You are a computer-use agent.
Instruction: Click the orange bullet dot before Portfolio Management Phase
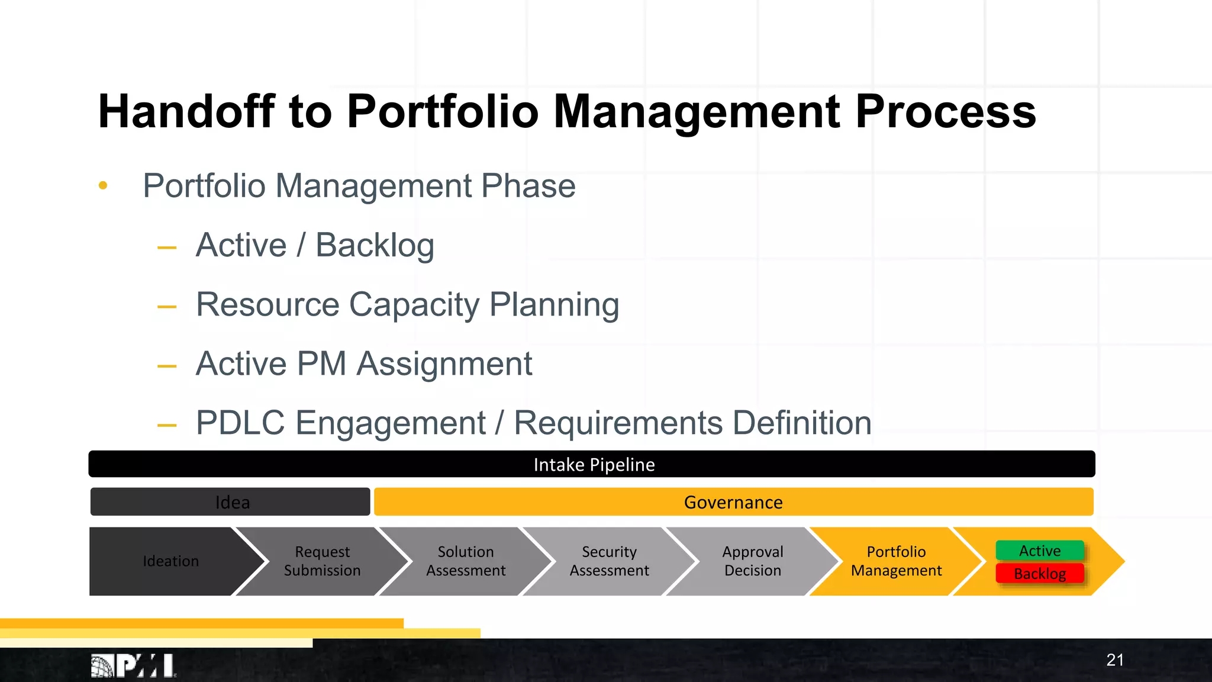[x=103, y=186]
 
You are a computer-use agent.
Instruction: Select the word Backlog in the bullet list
[x=375, y=245]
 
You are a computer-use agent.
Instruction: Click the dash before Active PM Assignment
[x=167, y=366]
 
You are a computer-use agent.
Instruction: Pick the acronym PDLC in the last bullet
[x=240, y=423]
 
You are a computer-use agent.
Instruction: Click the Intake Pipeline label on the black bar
[x=594, y=465]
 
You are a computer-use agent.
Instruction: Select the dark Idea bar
[x=231, y=502]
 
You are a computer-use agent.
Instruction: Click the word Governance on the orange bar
[x=733, y=502]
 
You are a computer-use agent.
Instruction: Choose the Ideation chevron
[x=170, y=561]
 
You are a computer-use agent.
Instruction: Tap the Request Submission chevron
[x=322, y=561]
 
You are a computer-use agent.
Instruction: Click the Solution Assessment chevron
[x=466, y=561]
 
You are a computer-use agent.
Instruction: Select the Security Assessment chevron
[x=609, y=561]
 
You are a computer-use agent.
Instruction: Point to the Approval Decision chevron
[x=752, y=561]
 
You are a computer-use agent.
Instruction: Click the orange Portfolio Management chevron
[x=896, y=561]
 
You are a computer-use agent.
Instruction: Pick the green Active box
[x=1039, y=551]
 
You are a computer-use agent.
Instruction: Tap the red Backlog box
[x=1039, y=573]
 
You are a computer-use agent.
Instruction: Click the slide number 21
[x=1114, y=660]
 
